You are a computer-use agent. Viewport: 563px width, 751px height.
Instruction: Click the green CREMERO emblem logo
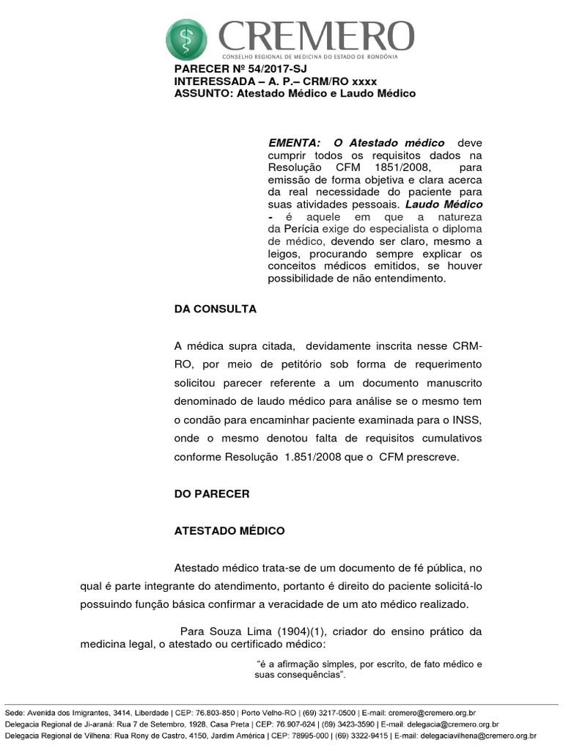pyautogui.click(x=187, y=40)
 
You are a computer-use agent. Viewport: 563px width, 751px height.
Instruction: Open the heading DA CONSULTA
pyautogui.click(x=216, y=309)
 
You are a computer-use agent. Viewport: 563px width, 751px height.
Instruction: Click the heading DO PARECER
pyautogui.click(x=212, y=494)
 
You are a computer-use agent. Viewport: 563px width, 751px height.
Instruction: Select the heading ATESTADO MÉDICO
pyautogui.click(x=229, y=530)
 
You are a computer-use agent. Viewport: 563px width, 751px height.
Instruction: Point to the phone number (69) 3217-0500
pyautogui.click(x=328, y=712)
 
